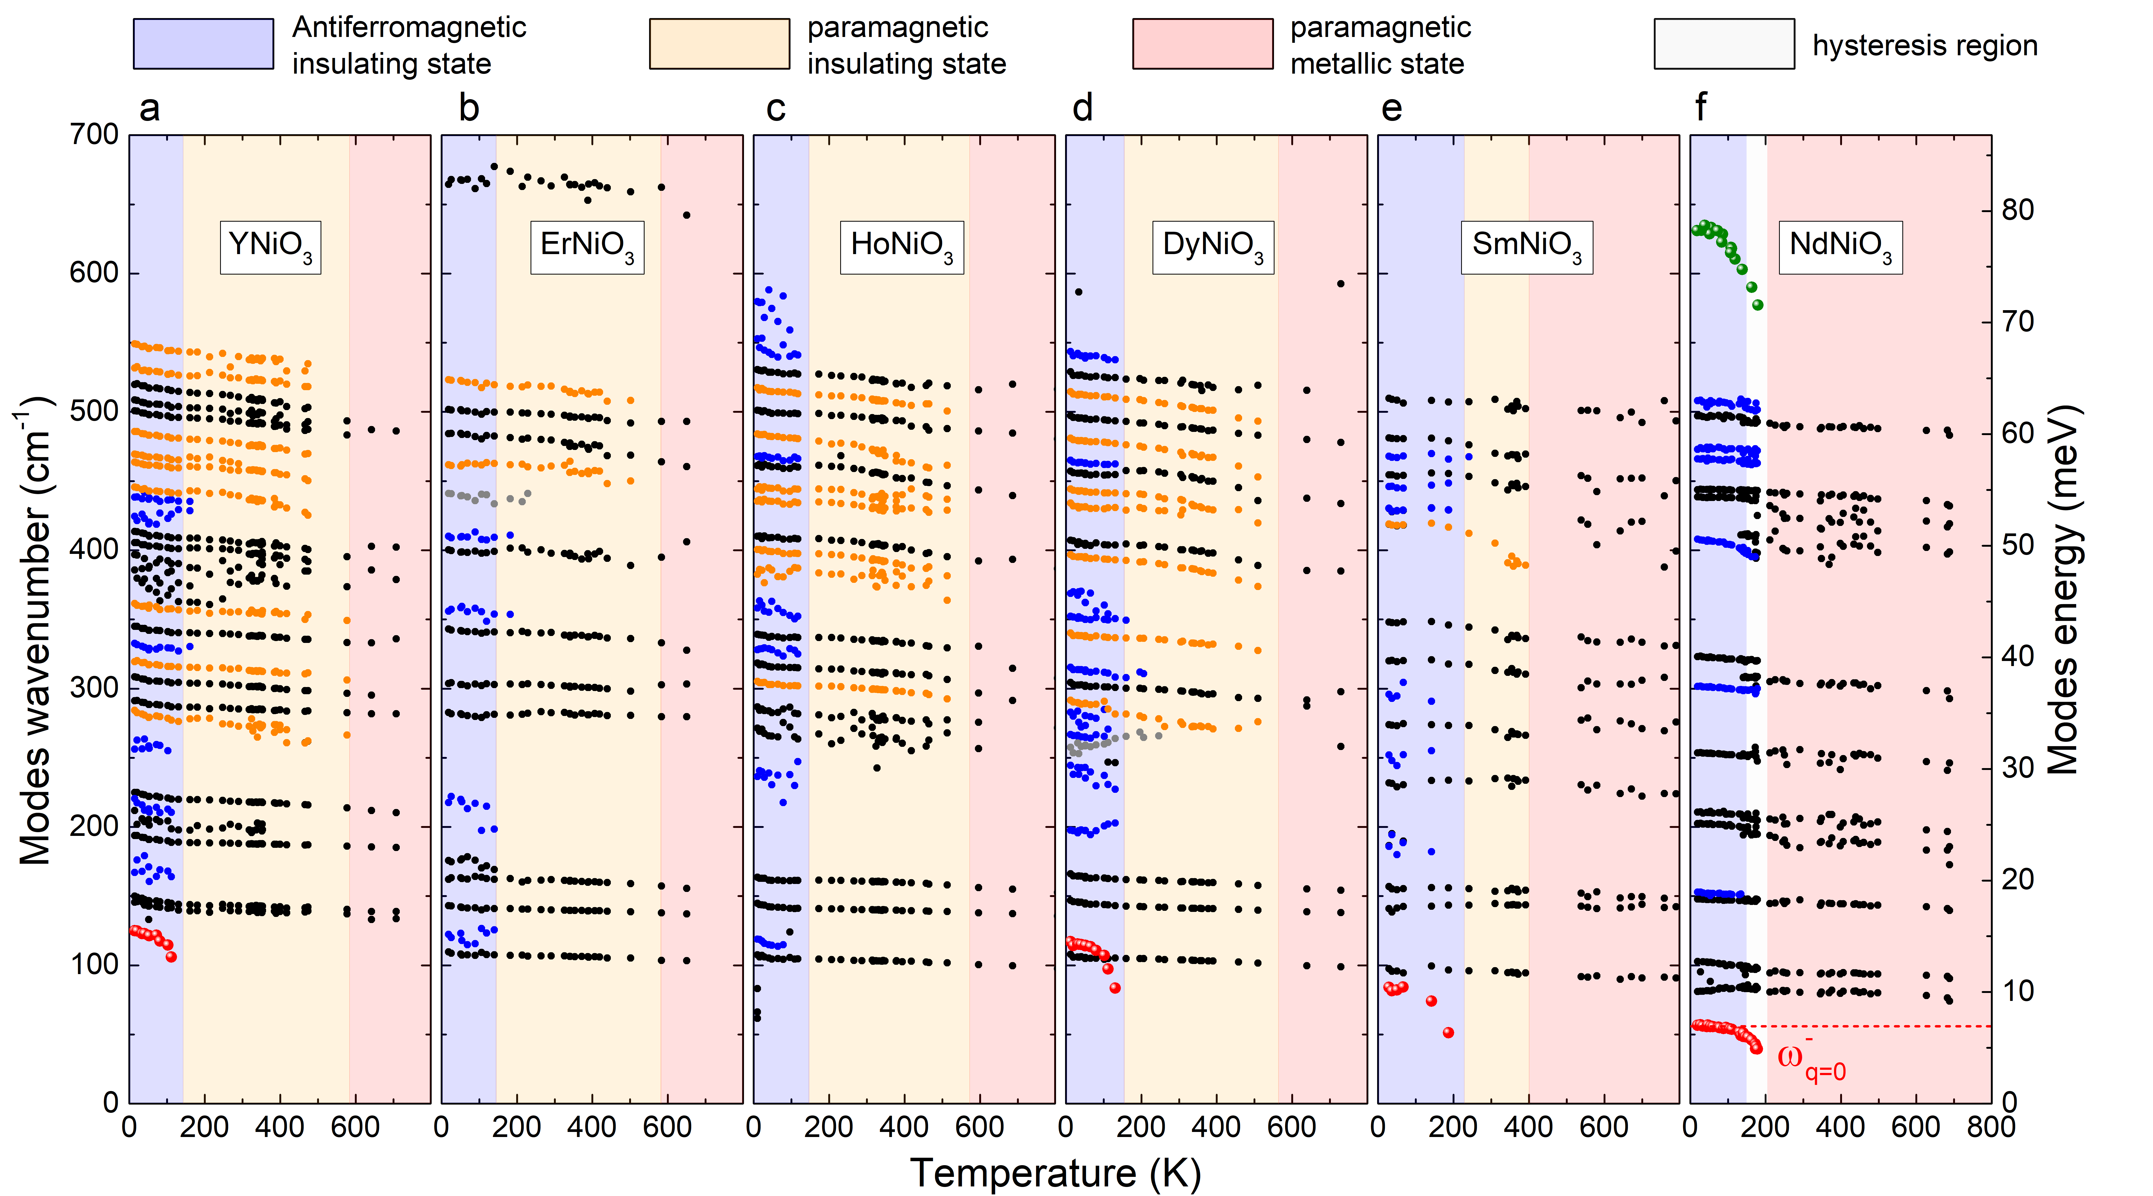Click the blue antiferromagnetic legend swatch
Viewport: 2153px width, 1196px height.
click(203, 44)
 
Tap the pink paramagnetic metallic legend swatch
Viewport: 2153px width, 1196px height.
click(1202, 44)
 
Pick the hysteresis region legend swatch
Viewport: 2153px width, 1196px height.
click(1723, 44)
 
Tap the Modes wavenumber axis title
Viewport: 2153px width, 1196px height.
click(35, 631)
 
